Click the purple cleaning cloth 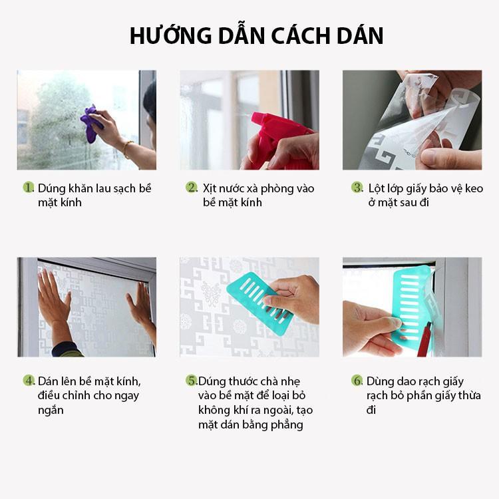click(x=90, y=123)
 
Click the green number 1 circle click(x=29, y=188)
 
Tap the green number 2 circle click(x=192, y=188)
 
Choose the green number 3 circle click(x=357, y=188)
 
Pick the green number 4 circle click(x=29, y=381)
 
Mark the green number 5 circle click(x=192, y=381)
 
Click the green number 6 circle click(x=357, y=381)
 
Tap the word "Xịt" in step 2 click(x=210, y=188)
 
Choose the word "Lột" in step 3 click(x=377, y=188)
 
